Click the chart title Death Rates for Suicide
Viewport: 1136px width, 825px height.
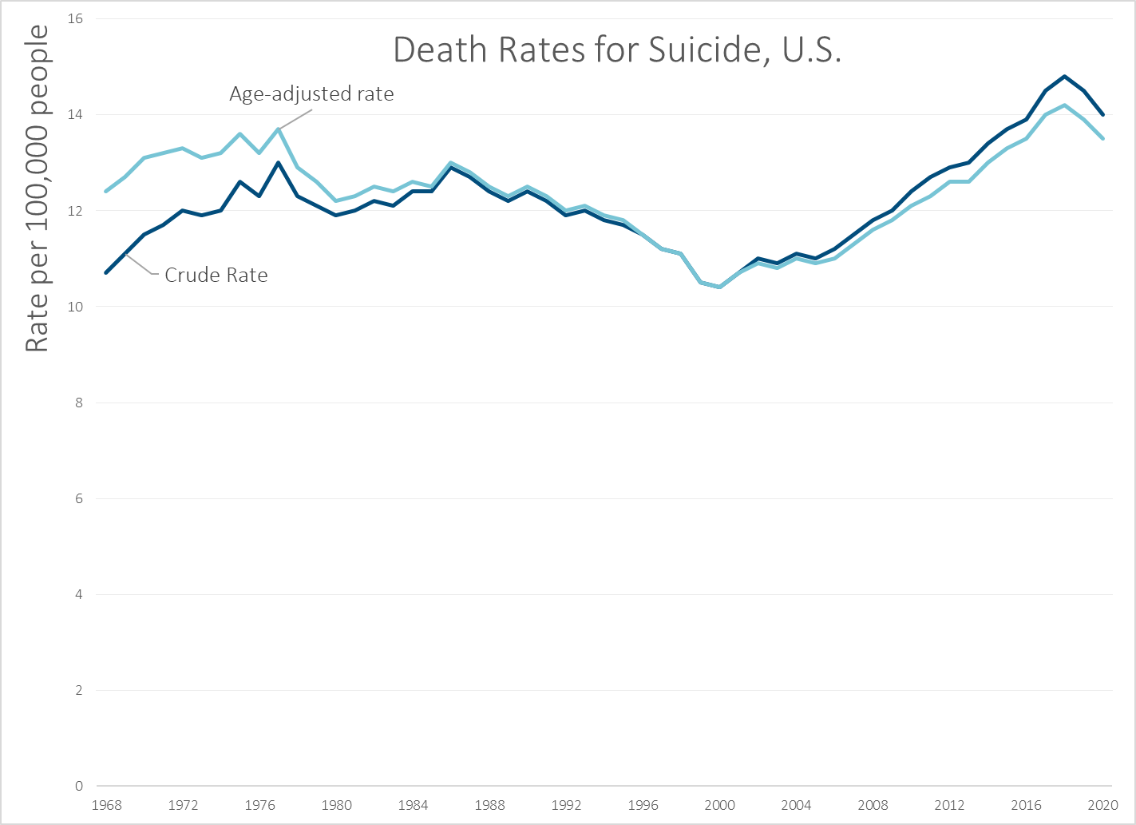617,50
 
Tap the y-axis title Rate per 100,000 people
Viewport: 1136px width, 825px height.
37,188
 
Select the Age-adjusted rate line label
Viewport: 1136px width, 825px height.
311,94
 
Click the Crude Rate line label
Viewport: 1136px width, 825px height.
216,276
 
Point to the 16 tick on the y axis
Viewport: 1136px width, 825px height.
75,18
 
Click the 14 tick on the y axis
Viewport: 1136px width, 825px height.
75,115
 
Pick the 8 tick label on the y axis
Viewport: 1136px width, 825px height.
78,403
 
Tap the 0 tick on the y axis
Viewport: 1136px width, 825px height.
78,786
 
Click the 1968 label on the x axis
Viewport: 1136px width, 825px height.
106,805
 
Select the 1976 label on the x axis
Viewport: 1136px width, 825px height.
259,805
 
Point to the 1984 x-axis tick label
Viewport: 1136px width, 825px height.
413,805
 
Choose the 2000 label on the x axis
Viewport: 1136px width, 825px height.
719,805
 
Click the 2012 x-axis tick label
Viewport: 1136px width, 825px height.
949,805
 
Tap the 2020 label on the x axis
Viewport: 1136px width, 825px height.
1102,805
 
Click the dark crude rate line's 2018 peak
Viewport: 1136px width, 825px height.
1064,77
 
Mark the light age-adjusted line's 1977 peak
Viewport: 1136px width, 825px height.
279,129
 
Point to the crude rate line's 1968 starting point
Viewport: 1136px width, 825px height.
106,272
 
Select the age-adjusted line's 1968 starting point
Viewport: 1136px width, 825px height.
106,191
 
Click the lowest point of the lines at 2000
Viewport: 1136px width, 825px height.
719,287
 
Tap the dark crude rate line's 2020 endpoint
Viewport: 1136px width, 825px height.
1102,115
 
